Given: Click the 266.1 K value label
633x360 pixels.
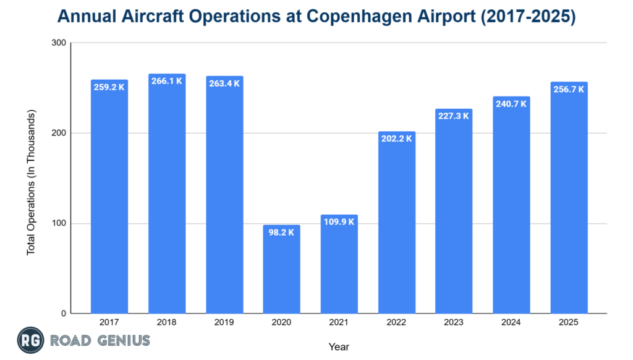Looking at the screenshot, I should pos(167,81).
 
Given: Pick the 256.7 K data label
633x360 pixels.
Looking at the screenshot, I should pos(569,89).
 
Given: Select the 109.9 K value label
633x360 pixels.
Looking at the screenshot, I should pos(339,222).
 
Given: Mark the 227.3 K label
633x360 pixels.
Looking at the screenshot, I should pos(454,116).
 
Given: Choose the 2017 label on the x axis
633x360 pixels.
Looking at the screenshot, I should pos(109,323).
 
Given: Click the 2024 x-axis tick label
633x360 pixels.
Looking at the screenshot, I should pos(511,323).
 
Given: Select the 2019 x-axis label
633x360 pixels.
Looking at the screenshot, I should pos(224,323).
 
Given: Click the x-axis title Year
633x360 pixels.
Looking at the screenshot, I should pos(339,347).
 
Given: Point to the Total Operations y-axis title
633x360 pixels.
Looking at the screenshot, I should pos(31,182).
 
